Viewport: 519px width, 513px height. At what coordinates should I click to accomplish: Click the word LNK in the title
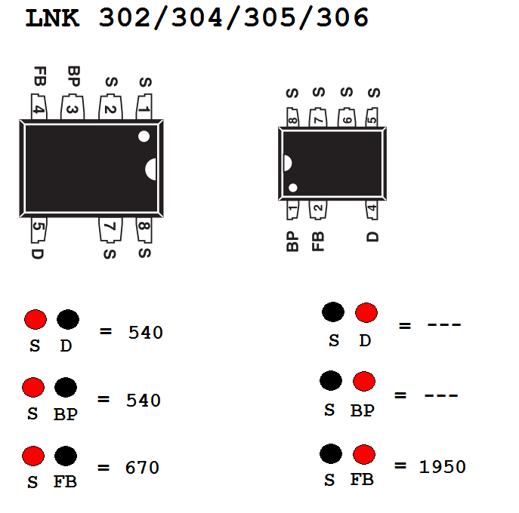point(52,18)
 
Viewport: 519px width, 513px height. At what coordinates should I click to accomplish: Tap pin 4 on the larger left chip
point(39,106)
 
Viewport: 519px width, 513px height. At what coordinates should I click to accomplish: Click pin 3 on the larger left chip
point(73,107)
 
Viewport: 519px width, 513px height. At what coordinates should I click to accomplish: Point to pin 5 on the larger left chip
point(39,230)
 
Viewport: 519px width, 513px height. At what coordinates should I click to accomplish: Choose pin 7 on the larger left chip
point(110,230)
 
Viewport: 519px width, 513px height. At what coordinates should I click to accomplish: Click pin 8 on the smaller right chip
point(292,118)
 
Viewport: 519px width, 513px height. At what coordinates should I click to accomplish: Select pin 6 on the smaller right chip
point(347,118)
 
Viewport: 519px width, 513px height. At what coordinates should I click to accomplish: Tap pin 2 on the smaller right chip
point(318,210)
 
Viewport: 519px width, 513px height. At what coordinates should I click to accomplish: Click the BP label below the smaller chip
point(292,241)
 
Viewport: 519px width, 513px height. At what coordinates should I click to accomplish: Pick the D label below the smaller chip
point(372,237)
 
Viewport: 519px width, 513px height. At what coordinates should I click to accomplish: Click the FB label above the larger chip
point(40,76)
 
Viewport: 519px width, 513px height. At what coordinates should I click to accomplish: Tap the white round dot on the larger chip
point(144,137)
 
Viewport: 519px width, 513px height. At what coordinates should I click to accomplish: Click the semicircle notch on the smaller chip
point(287,163)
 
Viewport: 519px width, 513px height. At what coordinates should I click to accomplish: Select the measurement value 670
point(142,468)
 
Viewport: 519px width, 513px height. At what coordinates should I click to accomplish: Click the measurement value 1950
point(442,467)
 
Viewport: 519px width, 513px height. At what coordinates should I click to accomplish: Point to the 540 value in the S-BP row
point(144,400)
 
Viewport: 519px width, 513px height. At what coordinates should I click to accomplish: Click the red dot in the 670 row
point(33,456)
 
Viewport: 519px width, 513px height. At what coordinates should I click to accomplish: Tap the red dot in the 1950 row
point(364,454)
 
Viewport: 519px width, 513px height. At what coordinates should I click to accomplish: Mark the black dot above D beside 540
point(68,319)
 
